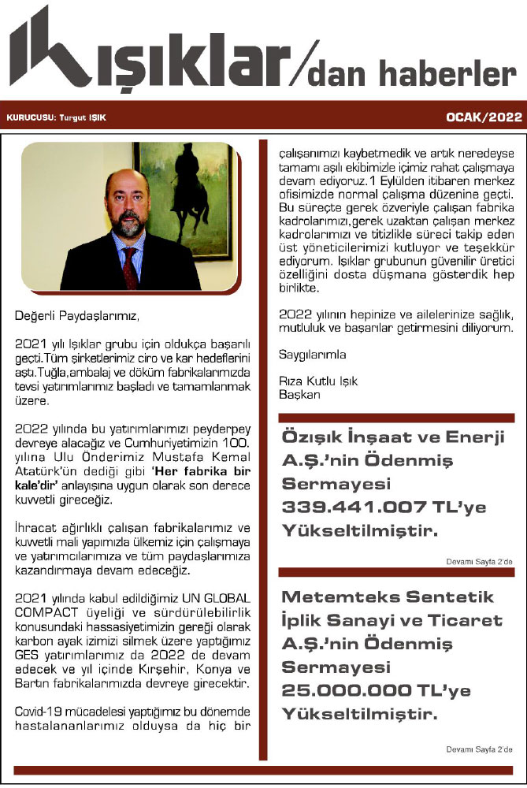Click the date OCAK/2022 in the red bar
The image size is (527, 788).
tap(484, 117)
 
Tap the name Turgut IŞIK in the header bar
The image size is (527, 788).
tap(83, 118)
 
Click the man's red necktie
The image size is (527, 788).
tap(128, 268)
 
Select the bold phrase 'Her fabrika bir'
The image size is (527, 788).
tap(212, 465)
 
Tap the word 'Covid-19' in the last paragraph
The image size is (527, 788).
tap(39, 712)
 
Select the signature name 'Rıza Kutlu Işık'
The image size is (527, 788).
tap(318, 381)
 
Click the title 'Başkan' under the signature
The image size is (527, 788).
tap(299, 395)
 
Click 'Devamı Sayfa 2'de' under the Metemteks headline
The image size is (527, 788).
tap(479, 749)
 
